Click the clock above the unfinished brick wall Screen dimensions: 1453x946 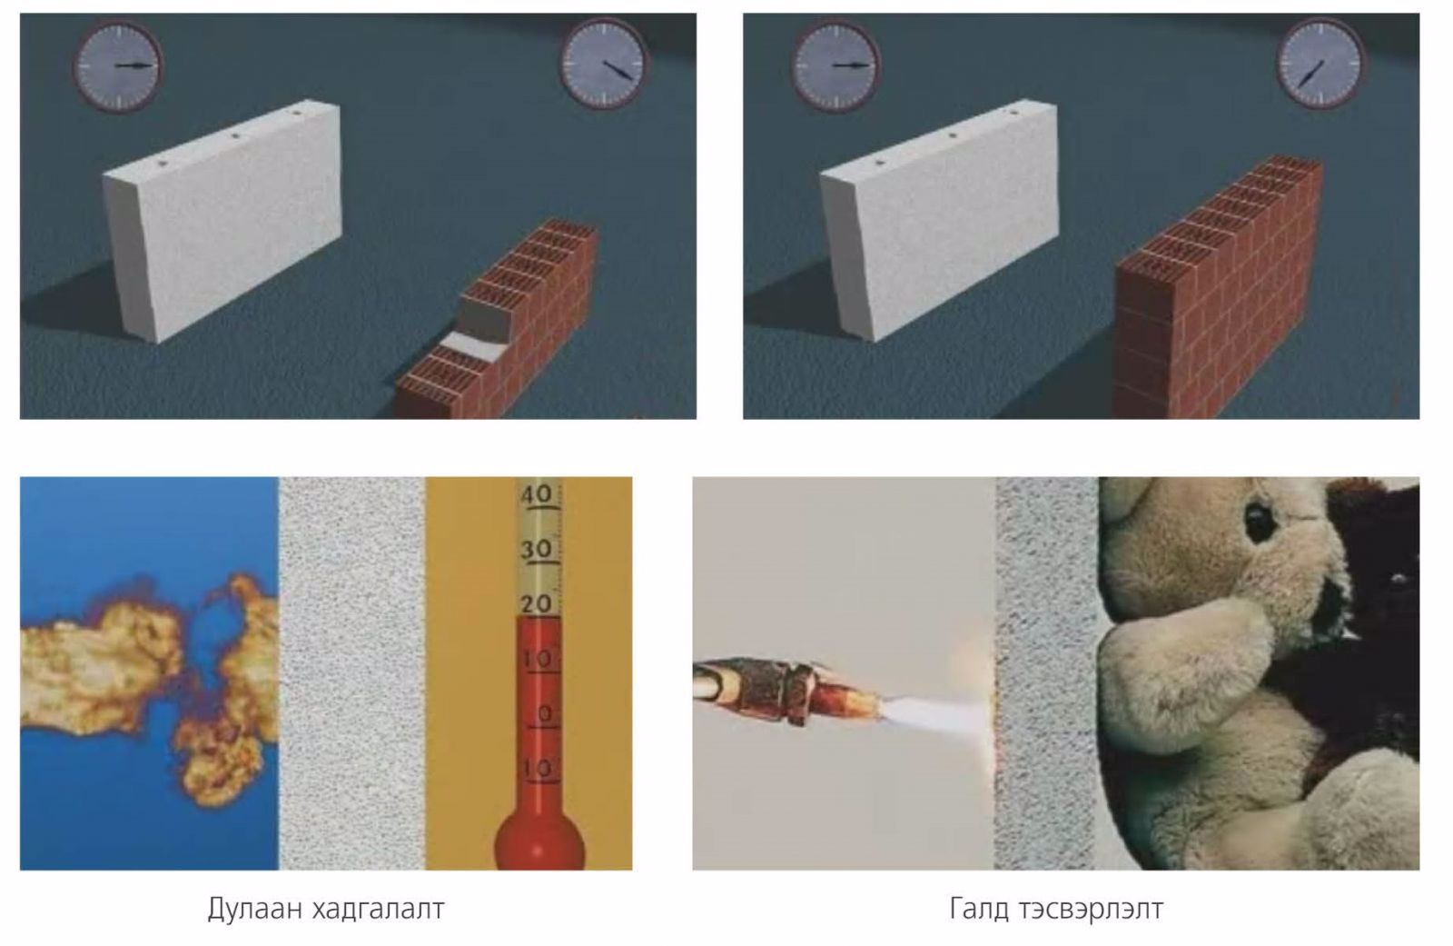click(604, 64)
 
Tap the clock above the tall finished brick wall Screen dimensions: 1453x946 click(1320, 64)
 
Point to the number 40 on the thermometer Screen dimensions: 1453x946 click(537, 494)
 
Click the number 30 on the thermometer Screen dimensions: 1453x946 click(537, 550)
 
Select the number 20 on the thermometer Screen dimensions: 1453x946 click(537, 604)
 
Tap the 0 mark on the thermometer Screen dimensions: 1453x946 click(545, 714)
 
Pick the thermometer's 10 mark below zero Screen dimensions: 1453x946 click(538, 769)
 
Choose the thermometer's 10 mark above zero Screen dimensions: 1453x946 click(538, 659)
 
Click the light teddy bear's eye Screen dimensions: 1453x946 click(1258, 523)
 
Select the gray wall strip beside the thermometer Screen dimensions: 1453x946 click(352, 673)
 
